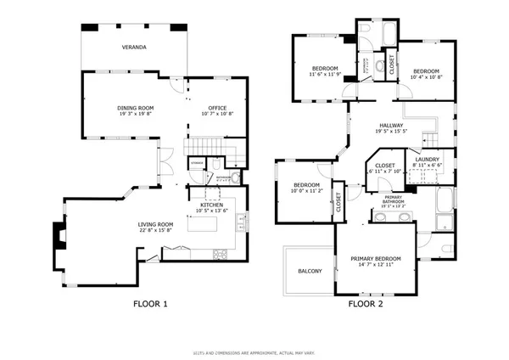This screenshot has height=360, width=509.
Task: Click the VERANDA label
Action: [134, 48]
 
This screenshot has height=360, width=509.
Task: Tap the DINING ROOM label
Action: [135, 108]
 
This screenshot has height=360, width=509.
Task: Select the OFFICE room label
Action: [219, 108]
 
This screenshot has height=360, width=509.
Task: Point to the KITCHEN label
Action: [211, 205]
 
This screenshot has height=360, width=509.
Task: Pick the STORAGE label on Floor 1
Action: [197, 162]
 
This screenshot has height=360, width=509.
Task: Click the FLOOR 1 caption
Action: [151, 303]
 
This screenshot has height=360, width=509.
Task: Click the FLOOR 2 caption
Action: [366, 303]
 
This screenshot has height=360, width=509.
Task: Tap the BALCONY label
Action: [310, 271]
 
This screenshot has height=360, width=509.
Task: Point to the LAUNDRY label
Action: [427, 159]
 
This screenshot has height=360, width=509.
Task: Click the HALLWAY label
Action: [391, 126]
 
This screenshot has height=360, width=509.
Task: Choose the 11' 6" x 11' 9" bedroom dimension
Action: [325, 74]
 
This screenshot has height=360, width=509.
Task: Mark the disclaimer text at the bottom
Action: [254, 351]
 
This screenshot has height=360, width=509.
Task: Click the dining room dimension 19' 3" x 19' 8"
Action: [135, 114]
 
